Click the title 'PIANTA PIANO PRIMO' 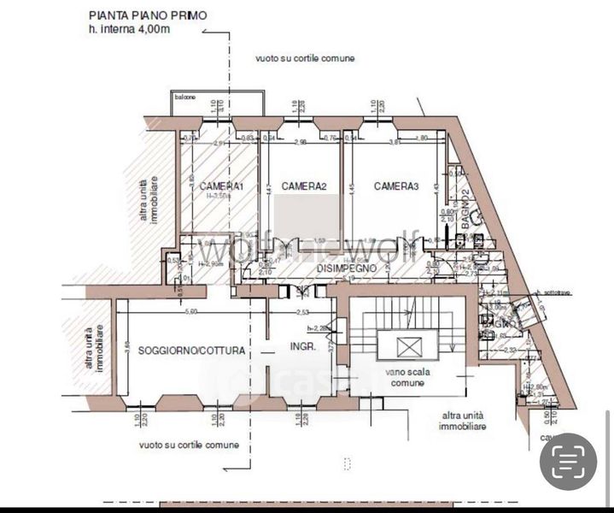point(146,15)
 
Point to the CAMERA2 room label point(304,186)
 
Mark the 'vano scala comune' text point(411,378)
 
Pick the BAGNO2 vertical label point(465,204)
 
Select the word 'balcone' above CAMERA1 point(185,97)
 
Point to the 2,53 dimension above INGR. point(301,311)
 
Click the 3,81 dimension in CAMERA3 point(395,143)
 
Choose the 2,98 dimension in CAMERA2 point(301,143)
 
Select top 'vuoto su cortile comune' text point(305,59)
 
